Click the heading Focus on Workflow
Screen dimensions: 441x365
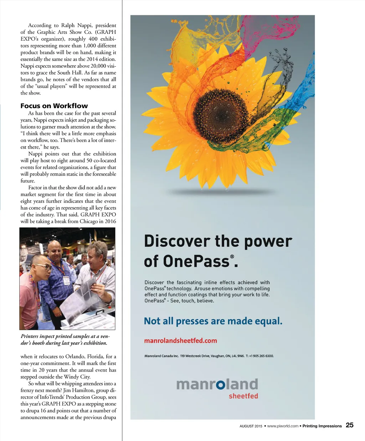tap(54, 106)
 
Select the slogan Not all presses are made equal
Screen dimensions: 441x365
tap(213, 321)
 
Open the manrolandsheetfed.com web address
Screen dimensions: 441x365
tap(180, 341)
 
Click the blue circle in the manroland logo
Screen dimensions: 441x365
tap(221, 384)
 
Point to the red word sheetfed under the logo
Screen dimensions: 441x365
tap(243, 396)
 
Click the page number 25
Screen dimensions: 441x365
tap(350, 425)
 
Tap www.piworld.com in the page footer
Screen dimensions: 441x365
tap(282, 426)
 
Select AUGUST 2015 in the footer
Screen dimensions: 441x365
tap(251, 426)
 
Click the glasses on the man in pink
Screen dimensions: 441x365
tap(42, 266)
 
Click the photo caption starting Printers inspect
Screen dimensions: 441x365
tap(65, 340)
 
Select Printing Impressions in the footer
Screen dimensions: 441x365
tap(322, 426)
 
